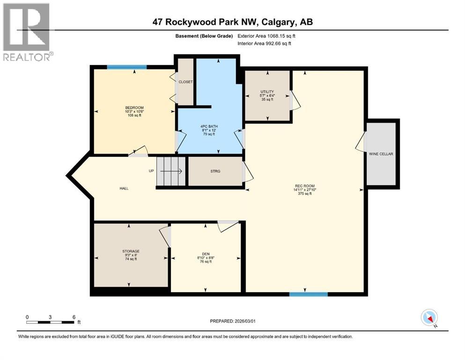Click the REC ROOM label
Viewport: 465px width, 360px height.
[x=304, y=186]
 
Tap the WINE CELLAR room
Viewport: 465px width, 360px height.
[x=383, y=154]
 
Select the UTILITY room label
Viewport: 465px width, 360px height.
[x=267, y=92]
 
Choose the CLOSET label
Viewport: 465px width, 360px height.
[x=185, y=82]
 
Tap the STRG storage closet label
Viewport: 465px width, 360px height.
[x=215, y=171]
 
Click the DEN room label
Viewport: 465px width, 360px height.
[x=206, y=254]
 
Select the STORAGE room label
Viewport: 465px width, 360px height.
[x=131, y=251]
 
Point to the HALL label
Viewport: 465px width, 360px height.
[x=124, y=188]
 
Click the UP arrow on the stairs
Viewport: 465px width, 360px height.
[x=171, y=171]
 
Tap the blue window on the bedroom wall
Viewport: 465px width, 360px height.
[x=126, y=67]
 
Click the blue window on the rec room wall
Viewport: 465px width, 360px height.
[x=308, y=294]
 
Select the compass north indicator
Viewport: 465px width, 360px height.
[x=429, y=318]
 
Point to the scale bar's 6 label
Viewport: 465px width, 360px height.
[x=74, y=317]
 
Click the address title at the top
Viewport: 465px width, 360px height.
[x=232, y=22]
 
